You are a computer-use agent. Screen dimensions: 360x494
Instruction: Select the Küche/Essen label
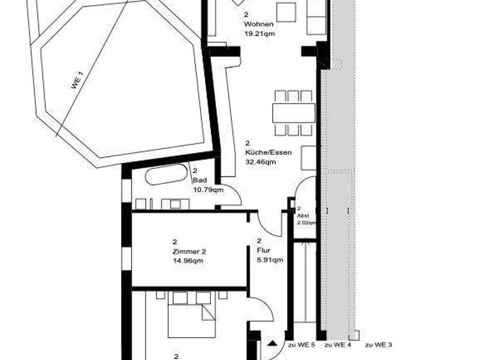268,152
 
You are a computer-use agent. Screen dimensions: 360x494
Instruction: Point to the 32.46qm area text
260,162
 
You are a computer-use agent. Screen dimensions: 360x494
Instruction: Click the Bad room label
199,180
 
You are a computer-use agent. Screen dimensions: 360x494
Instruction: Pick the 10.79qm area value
208,190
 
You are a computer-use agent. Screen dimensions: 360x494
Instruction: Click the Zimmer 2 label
187,251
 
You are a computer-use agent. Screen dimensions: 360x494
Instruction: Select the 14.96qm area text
188,261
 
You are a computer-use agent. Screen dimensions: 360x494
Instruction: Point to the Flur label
264,251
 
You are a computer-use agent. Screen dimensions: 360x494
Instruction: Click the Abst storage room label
302,216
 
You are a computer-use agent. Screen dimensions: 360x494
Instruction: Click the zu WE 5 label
301,345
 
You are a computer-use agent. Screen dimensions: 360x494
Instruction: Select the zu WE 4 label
338,345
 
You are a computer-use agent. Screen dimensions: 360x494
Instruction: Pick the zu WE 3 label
379,345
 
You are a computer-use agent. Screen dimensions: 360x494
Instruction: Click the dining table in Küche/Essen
293,113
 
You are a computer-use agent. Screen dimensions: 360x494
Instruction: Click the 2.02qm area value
306,222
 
